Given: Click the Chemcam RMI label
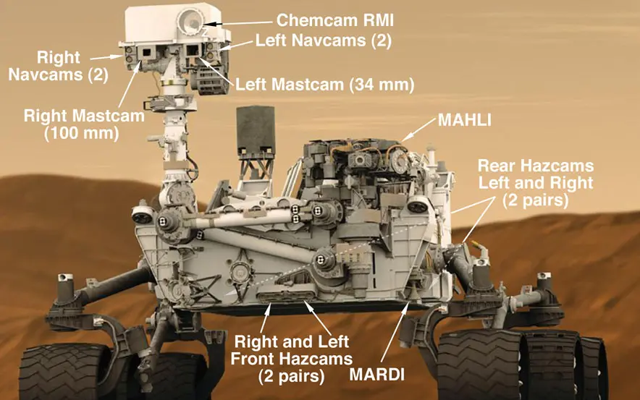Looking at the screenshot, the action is click(335, 20).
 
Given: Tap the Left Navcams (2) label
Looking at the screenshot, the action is click(324, 41).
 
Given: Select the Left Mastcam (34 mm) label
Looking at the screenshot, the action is click(325, 85).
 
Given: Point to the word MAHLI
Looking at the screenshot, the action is click(465, 120).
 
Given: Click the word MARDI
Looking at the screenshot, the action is click(376, 375).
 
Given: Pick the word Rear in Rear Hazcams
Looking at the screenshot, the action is click(497, 166).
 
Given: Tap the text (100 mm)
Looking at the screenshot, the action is click(82, 133).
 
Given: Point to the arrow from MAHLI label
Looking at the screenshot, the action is click(418, 129).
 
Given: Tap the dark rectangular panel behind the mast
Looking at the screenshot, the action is click(256, 131).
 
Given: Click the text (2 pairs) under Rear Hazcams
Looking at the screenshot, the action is click(535, 200).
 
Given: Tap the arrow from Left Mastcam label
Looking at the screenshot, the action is click(216, 72).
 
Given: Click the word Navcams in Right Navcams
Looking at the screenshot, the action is click(46, 75).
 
